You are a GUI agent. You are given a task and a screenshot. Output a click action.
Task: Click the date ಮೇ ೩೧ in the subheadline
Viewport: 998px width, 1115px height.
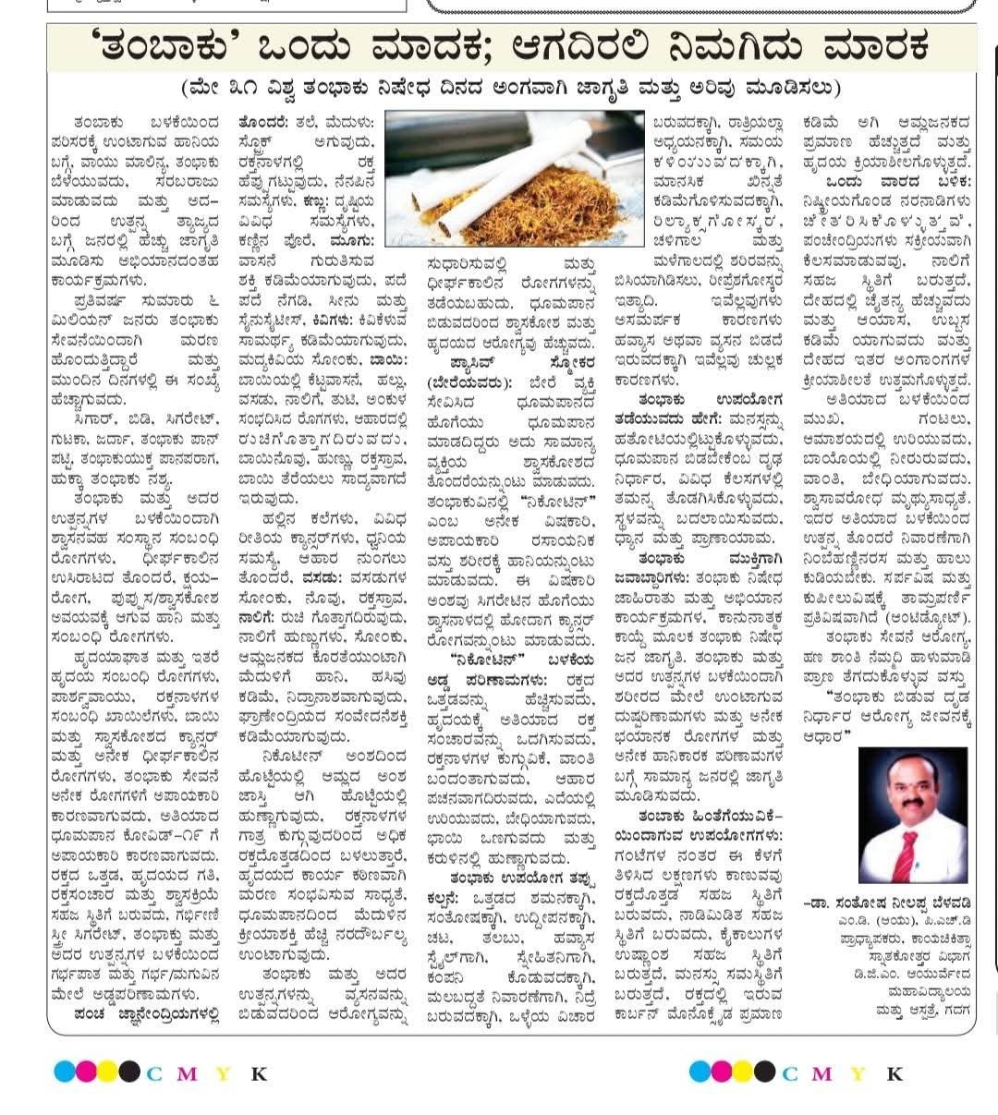tap(215, 90)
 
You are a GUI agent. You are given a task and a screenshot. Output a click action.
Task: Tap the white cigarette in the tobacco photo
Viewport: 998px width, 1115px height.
tap(517, 176)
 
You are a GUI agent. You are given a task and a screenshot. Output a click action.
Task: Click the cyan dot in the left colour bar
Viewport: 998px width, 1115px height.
tap(63, 1072)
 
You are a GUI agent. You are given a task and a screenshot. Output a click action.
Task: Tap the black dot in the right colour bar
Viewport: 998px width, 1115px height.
tap(765, 1072)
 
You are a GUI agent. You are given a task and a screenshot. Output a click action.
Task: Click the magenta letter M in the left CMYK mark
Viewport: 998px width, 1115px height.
tap(188, 1073)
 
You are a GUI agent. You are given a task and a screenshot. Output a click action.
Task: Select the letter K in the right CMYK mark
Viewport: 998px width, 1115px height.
tap(894, 1073)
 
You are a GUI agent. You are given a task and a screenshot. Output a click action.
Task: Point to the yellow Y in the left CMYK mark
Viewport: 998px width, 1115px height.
tap(223, 1073)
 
